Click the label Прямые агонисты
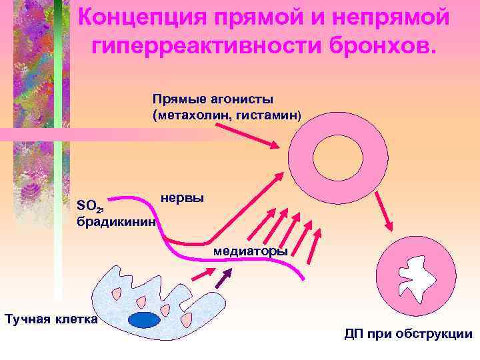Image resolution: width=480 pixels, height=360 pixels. coord(213,99)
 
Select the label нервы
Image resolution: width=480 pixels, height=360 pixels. coord(183,198)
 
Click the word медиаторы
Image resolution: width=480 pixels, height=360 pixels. coord(251,251)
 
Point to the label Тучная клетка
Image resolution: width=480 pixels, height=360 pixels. coord(51,319)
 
